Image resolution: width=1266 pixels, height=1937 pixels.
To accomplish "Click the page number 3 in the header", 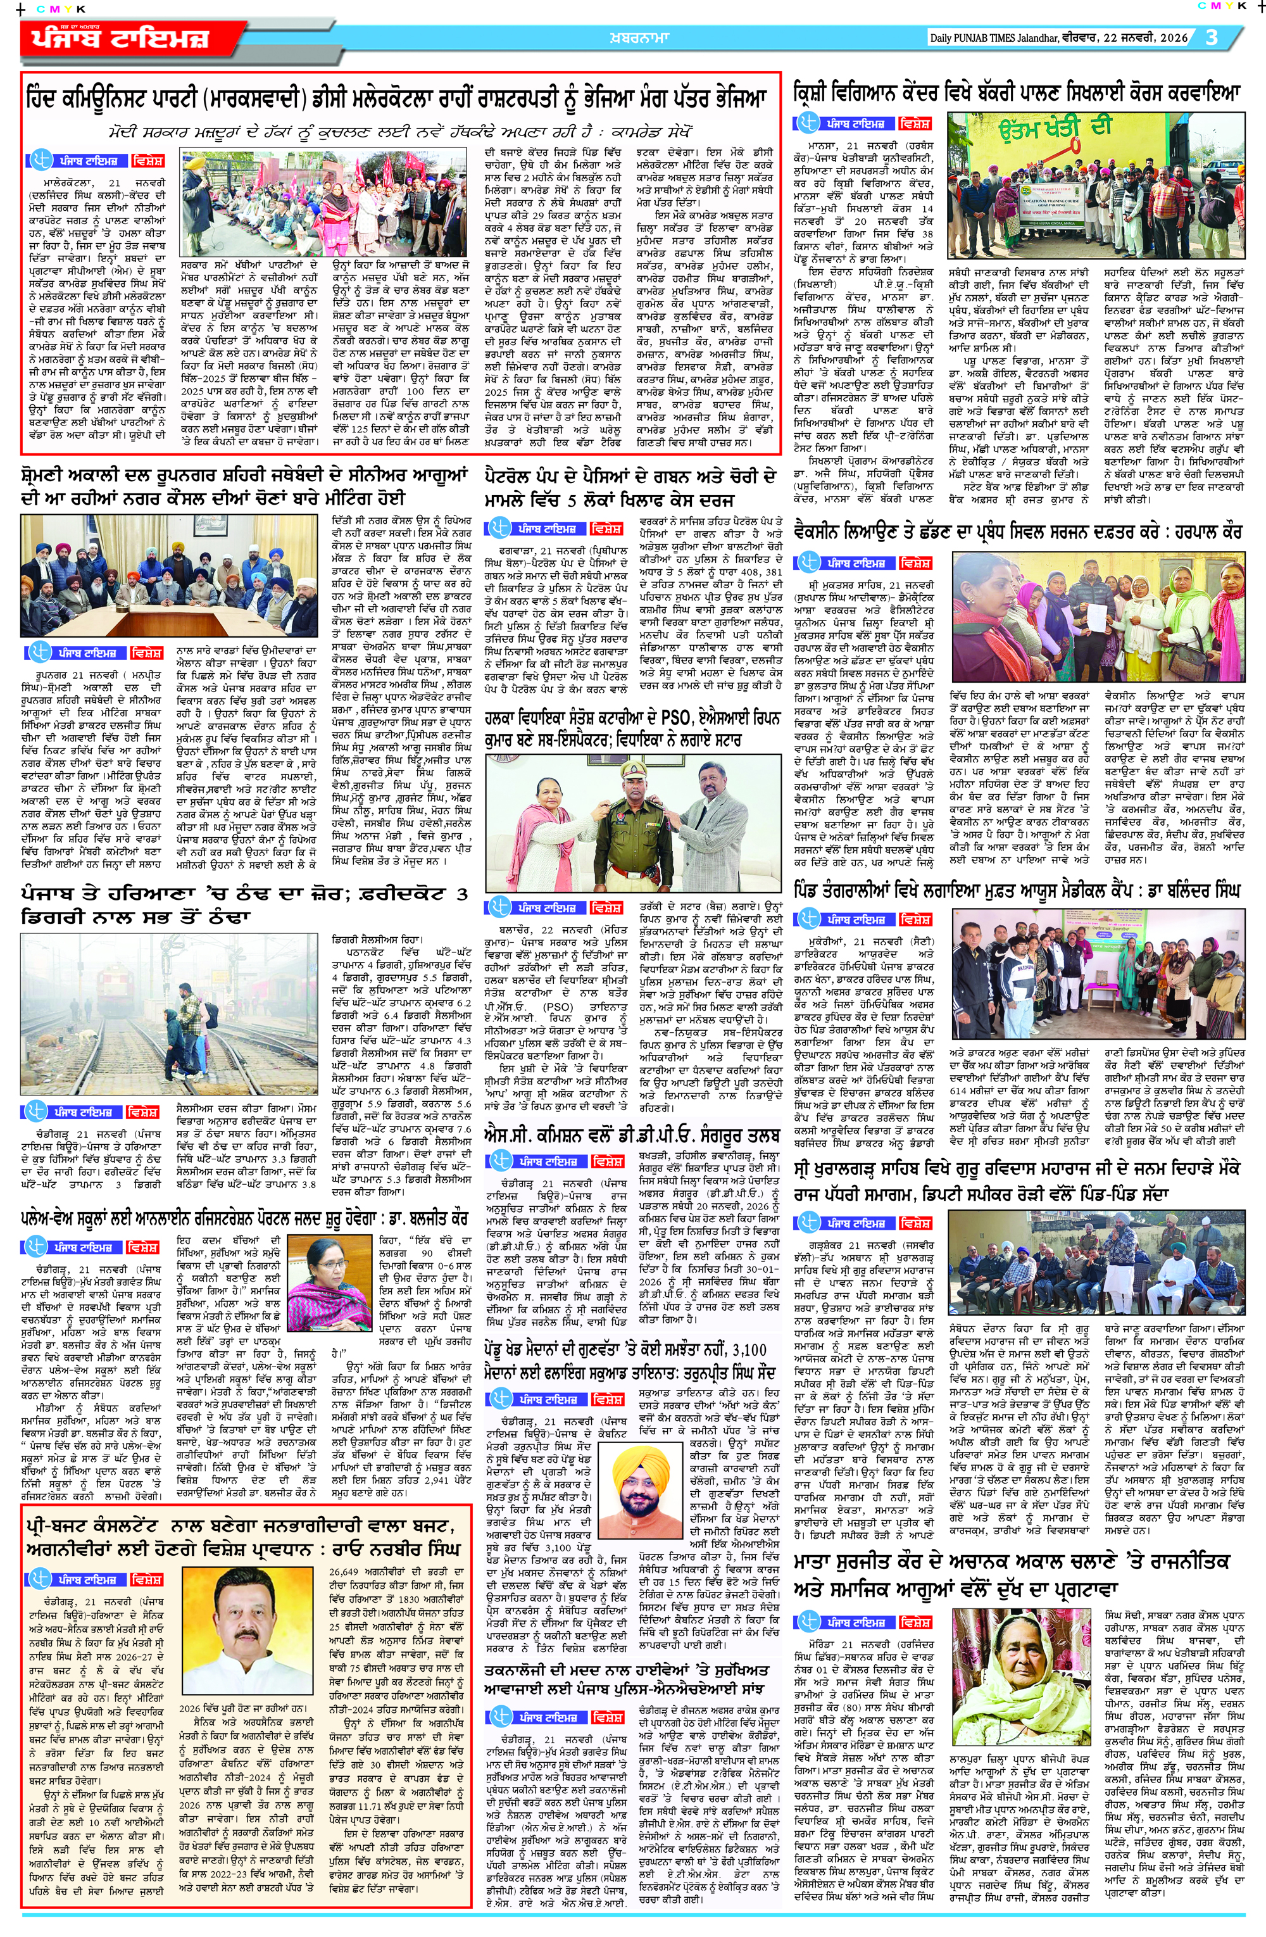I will coord(1212,37).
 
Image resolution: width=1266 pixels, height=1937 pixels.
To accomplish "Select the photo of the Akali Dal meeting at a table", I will coord(169,576).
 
